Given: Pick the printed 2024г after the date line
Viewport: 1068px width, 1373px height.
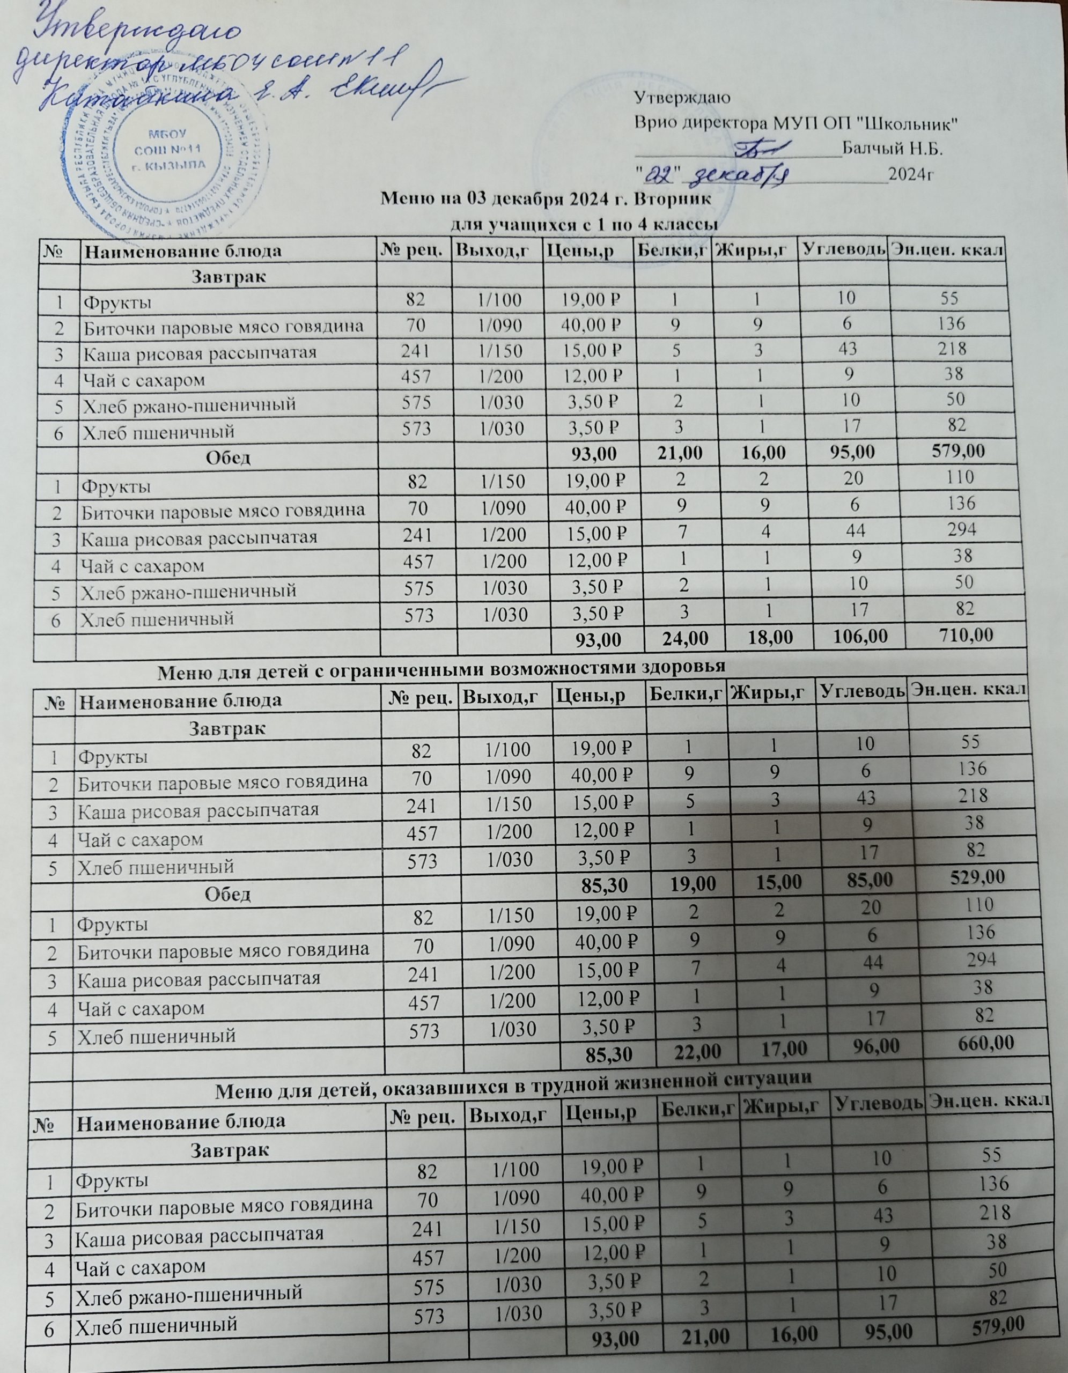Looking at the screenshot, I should click(910, 174).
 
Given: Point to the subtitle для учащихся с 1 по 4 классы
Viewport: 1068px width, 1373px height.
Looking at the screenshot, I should click(585, 224).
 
